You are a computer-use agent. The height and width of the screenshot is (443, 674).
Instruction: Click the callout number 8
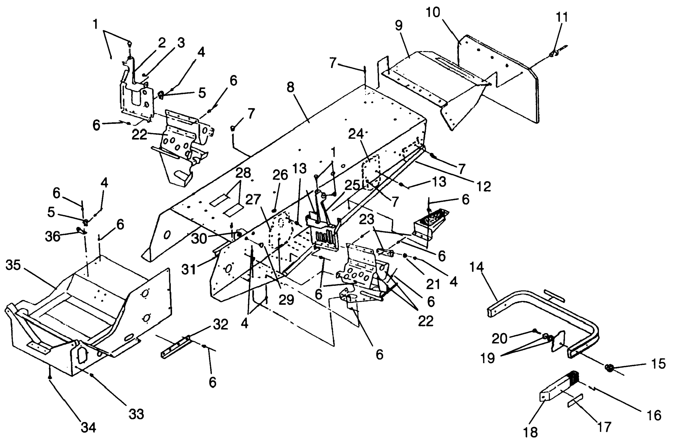[x=291, y=88]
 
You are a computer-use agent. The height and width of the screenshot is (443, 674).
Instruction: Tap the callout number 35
[x=13, y=265]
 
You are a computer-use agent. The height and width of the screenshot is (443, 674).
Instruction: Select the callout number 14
[x=477, y=267]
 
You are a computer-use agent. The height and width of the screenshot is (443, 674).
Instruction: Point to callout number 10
[x=434, y=13]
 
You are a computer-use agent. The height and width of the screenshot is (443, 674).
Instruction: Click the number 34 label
[x=88, y=427]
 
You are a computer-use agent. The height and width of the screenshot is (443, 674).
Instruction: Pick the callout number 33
[x=136, y=414]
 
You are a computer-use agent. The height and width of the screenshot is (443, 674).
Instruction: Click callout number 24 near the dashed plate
[x=356, y=134]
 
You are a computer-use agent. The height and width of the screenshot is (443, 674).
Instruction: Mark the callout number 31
[x=189, y=269]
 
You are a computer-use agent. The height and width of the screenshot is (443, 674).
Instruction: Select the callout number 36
[x=53, y=236]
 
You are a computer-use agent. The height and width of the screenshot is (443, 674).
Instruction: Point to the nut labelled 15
[x=609, y=368]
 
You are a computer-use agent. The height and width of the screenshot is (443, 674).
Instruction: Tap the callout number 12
[x=484, y=186]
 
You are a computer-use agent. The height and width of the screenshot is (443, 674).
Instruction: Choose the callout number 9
[x=398, y=26]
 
